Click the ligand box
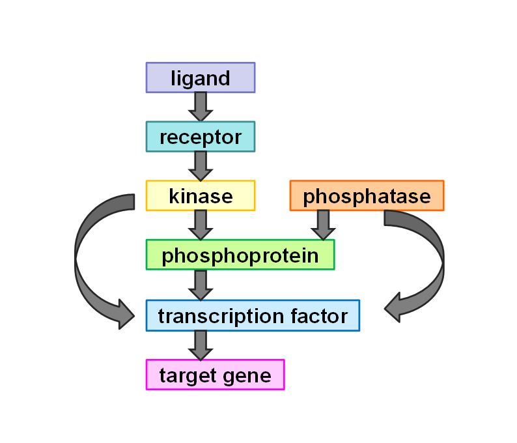click(201, 78)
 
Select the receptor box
click(201, 137)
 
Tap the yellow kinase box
click(201, 195)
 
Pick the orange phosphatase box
click(367, 195)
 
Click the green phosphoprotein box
click(240, 255)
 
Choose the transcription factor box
click(253, 315)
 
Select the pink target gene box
click(216, 375)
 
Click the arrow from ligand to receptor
click(201, 107)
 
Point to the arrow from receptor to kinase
click(201, 166)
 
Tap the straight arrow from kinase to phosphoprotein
click(201, 225)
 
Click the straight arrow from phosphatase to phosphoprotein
click(323, 225)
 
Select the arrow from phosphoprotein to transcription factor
click(201, 285)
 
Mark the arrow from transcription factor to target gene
click(201, 345)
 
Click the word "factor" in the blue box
click(319, 316)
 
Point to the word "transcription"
click(221, 317)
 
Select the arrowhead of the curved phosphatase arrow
click(393, 307)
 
